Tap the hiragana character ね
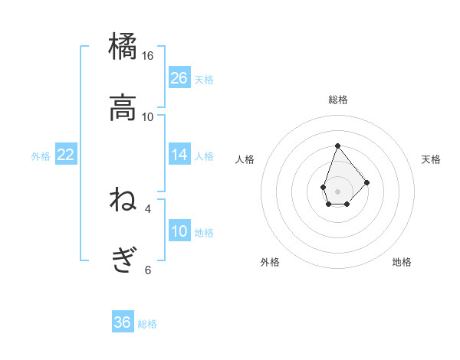(x=123, y=200)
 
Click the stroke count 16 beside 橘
(x=148, y=56)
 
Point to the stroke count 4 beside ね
(x=148, y=208)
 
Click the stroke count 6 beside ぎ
(x=148, y=270)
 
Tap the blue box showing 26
(x=179, y=78)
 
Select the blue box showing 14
(x=179, y=155)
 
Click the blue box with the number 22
(x=66, y=155)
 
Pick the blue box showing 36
(x=123, y=322)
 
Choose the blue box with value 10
(x=179, y=231)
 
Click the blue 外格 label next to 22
(x=41, y=156)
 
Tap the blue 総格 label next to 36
(x=147, y=324)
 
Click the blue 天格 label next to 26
(x=204, y=80)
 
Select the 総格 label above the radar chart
(x=337, y=100)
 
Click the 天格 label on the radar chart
(x=431, y=159)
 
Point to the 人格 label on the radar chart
(x=245, y=159)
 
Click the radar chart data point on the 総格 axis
(x=337, y=145)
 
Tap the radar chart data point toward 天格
(x=367, y=182)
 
